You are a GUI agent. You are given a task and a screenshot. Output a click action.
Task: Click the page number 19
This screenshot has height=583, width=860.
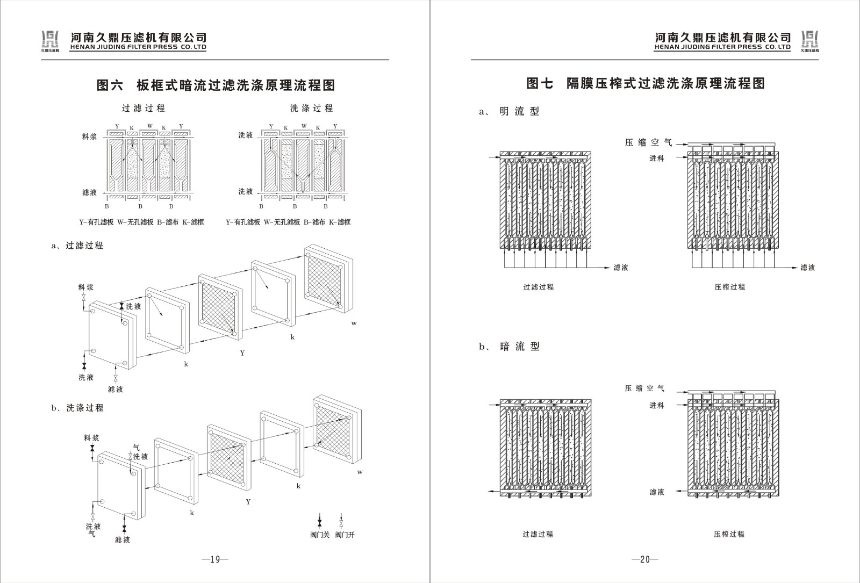click(215, 559)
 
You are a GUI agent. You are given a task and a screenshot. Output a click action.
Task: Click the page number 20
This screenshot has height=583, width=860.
click(645, 559)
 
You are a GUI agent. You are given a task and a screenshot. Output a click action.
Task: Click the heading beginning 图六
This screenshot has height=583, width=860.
click(216, 85)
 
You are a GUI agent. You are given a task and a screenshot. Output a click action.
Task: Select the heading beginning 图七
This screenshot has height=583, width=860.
click(645, 83)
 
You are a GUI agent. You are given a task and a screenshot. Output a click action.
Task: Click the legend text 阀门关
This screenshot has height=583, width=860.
click(320, 535)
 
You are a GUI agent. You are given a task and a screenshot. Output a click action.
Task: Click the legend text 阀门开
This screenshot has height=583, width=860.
click(345, 535)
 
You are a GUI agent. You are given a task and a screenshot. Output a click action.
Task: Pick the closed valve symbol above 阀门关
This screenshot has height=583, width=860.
click(320, 521)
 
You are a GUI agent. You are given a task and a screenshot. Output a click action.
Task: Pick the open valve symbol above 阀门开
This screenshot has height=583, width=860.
click(341, 521)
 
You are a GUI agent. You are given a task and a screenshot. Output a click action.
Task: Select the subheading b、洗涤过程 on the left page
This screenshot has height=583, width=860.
click(77, 408)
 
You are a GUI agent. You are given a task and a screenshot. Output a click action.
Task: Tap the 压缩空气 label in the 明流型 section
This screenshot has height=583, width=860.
click(648, 142)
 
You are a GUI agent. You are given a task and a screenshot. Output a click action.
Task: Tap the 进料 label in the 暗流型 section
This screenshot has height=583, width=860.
click(656, 406)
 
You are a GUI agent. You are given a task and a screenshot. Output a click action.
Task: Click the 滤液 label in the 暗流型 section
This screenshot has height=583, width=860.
click(656, 492)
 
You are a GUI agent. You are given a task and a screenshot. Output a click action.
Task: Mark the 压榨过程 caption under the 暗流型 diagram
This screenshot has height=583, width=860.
click(729, 534)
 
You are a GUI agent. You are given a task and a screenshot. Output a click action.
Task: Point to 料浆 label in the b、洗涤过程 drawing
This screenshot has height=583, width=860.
click(91, 438)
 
